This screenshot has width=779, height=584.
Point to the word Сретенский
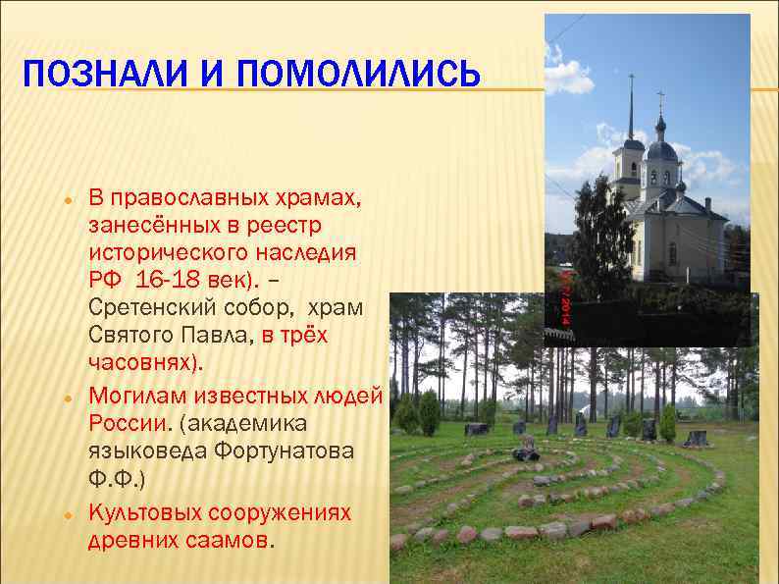(154, 307)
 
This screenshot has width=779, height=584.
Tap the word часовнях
(143, 362)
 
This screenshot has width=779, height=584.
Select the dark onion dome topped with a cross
(661, 147)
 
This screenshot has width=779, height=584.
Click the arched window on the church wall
(672, 253)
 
